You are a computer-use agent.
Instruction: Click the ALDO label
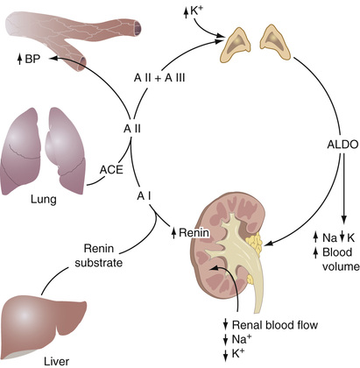(342, 145)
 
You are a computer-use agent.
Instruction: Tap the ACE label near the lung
(111, 170)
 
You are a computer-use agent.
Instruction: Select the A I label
(145, 196)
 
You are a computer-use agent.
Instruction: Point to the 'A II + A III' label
(159, 78)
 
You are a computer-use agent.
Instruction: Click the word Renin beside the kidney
(194, 232)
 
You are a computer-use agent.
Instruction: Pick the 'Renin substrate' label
(98, 256)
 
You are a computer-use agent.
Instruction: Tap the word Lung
(44, 200)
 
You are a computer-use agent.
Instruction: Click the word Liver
(57, 361)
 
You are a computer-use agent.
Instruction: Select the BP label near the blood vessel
(32, 60)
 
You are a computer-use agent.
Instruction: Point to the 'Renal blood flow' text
(275, 325)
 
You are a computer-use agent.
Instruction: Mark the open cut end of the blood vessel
(138, 28)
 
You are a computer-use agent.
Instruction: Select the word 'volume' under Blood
(341, 266)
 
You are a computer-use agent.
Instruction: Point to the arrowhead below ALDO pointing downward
(343, 220)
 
